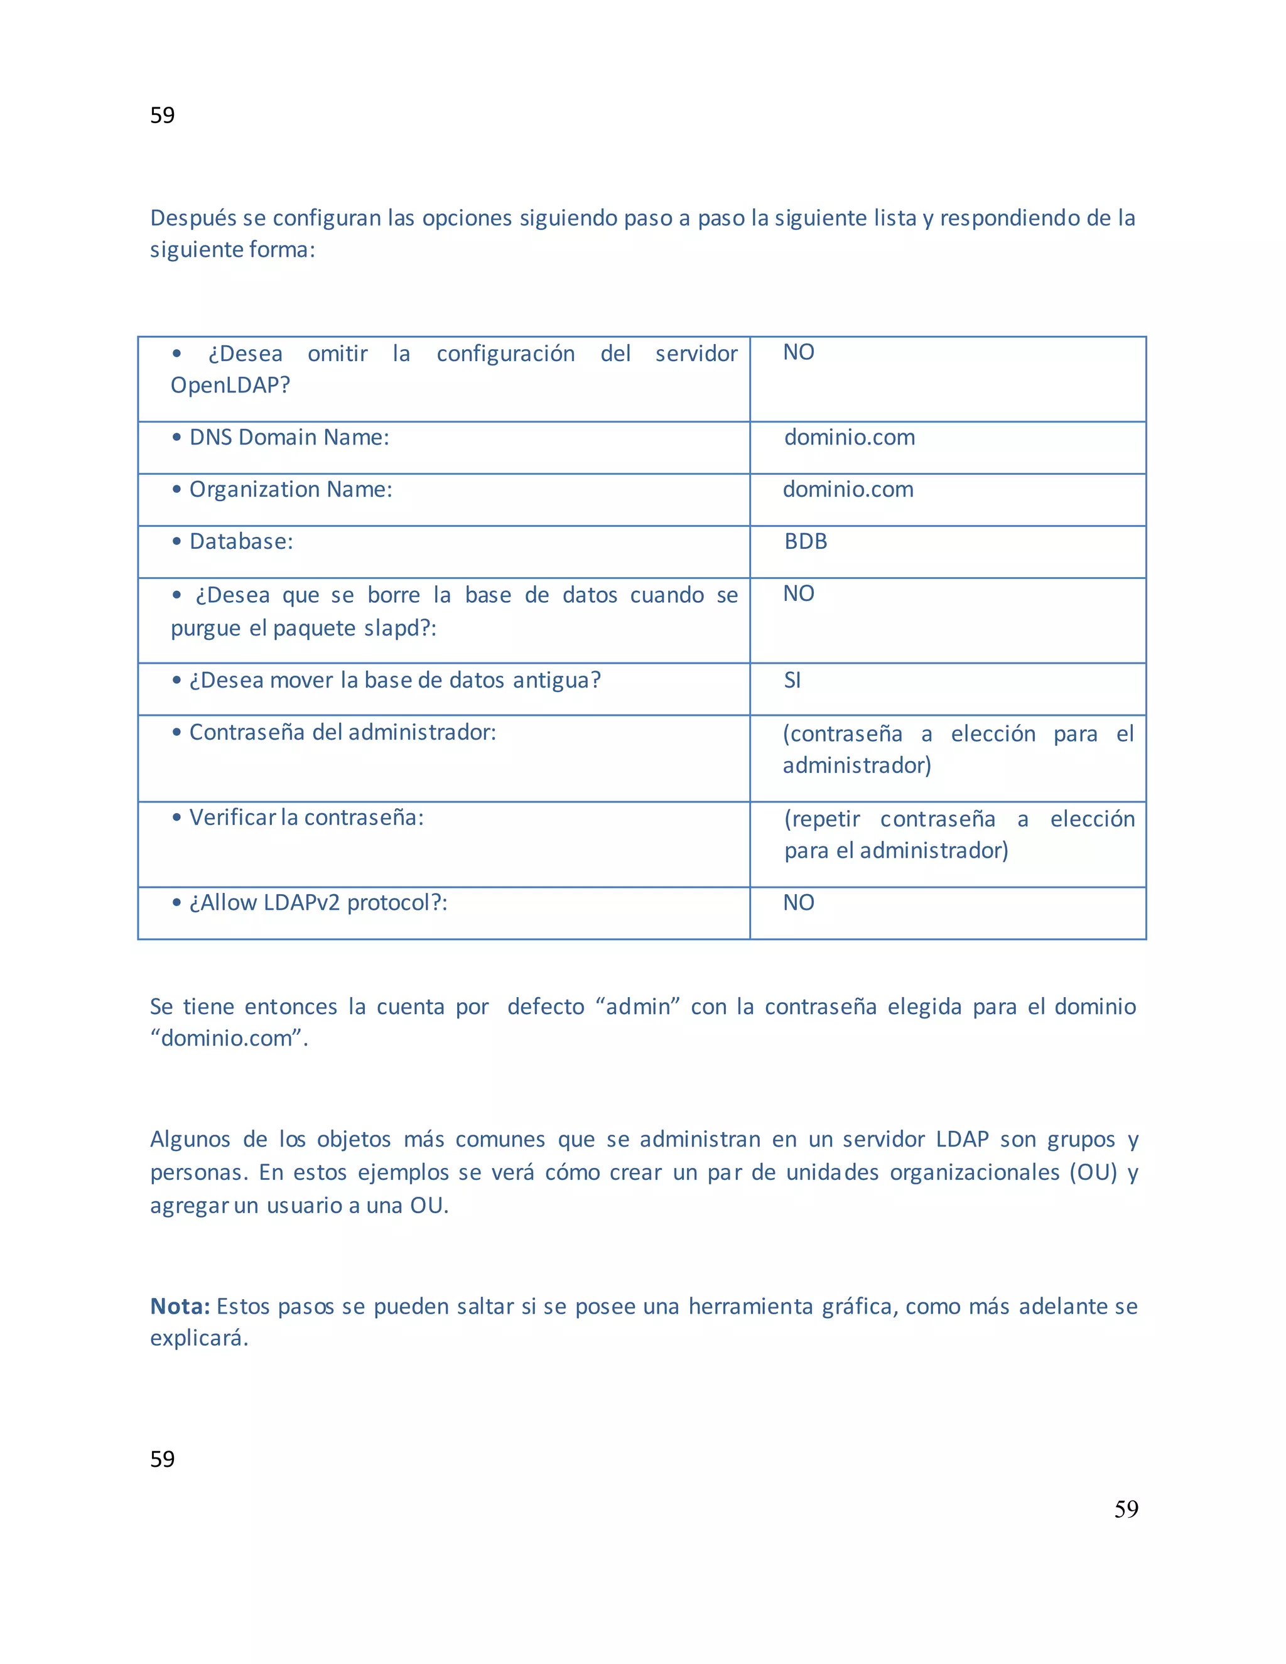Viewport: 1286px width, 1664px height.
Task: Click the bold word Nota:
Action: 180,1306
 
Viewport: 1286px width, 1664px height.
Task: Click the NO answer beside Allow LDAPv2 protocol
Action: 799,902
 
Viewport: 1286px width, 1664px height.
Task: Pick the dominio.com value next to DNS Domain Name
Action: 850,437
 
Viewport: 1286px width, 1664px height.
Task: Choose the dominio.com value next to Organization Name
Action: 848,489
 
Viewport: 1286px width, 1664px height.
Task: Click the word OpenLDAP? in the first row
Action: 230,386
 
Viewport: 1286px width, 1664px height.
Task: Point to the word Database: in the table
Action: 240,542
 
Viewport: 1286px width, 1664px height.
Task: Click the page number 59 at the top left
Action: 162,115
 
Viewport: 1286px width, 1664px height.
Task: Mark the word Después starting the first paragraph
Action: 193,218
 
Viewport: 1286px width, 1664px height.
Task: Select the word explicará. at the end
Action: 199,1338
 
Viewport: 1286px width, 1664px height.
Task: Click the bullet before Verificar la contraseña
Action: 176,818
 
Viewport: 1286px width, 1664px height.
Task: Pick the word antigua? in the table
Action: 556,681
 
